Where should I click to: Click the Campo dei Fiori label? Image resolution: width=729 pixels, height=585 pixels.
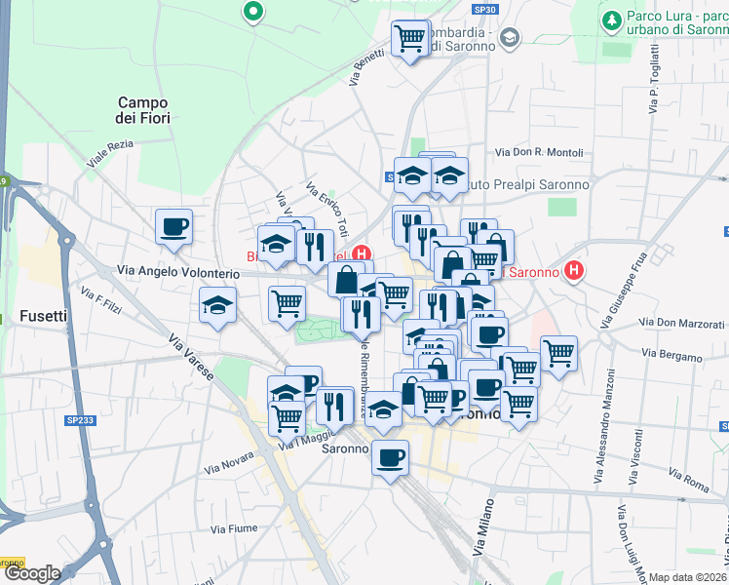(x=143, y=110)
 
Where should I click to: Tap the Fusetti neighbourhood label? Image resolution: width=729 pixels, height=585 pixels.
(x=43, y=316)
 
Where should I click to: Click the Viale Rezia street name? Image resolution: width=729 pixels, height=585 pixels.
(x=109, y=155)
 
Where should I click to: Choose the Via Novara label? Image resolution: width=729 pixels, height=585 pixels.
(x=229, y=463)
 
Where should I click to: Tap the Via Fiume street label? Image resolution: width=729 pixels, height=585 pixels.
(x=233, y=528)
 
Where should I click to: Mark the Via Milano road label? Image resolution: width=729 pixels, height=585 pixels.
(x=482, y=531)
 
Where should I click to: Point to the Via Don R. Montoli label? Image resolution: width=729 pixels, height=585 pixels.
(x=539, y=152)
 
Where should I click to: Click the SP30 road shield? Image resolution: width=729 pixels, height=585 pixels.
(x=484, y=9)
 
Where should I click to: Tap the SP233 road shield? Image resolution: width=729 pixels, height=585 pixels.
(x=81, y=420)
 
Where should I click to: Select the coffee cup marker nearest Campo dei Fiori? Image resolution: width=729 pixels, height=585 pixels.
(x=174, y=226)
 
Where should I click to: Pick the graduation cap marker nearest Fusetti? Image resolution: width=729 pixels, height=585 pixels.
(x=217, y=304)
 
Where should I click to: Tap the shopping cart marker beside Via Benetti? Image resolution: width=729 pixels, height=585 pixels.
(x=411, y=39)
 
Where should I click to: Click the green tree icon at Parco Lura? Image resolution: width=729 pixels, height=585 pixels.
(x=611, y=19)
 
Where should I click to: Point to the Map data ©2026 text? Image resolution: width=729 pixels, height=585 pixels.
(x=688, y=577)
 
